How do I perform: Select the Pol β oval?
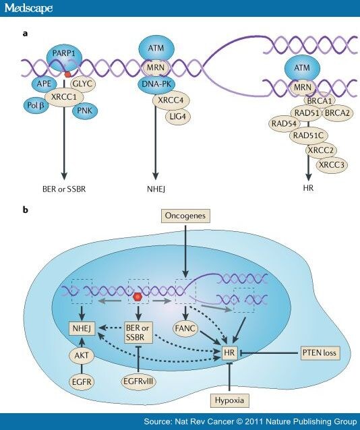[36, 105]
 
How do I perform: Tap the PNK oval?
[84, 111]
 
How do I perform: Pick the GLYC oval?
[83, 84]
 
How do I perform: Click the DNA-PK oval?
[156, 84]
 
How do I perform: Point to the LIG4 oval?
[178, 117]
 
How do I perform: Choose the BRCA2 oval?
[337, 113]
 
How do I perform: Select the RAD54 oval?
[284, 123]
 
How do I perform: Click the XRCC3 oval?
[332, 165]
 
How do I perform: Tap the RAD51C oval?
[309, 135]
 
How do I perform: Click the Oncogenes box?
[185, 216]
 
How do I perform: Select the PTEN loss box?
[320, 352]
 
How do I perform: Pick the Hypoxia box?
[229, 400]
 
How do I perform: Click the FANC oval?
[186, 328]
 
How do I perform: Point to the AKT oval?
[82, 355]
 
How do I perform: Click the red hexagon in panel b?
[137, 297]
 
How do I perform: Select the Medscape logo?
[28, 8]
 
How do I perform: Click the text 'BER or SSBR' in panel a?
[64, 189]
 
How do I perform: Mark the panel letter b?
[25, 210]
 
